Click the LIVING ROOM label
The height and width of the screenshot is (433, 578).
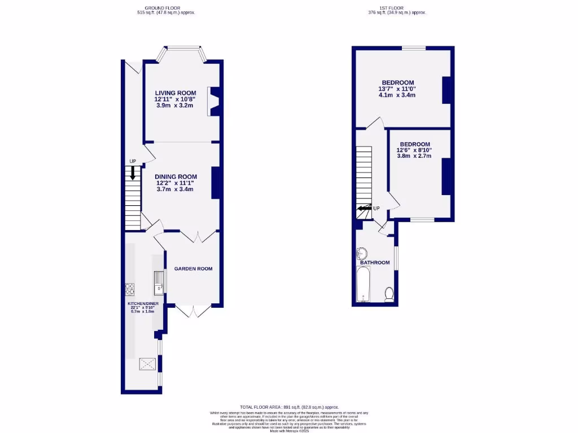pyautogui.click(x=176, y=93)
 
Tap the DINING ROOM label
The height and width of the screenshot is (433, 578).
pyautogui.click(x=176, y=176)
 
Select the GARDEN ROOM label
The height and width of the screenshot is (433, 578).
pyautogui.click(x=193, y=269)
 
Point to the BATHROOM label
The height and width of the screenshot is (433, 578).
pyautogui.click(x=375, y=263)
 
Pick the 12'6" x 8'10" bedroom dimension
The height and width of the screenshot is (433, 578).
pyautogui.click(x=414, y=150)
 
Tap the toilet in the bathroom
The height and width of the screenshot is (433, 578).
pyautogui.click(x=388, y=294)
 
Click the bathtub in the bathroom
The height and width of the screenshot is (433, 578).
pyautogui.click(x=363, y=285)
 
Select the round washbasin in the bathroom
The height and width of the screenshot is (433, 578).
pyautogui.click(x=362, y=253)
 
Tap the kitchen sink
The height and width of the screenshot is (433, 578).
pyautogui.click(x=159, y=280)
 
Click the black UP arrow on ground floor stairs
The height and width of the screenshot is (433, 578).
pyautogui.click(x=133, y=173)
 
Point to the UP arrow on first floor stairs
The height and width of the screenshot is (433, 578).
pyautogui.click(x=364, y=209)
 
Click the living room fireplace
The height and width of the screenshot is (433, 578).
pyautogui.click(x=214, y=101)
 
